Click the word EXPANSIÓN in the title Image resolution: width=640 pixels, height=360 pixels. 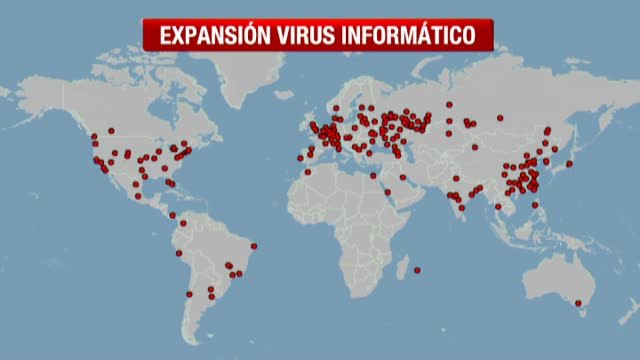(210, 36)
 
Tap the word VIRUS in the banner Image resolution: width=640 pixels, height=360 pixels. (313, 36)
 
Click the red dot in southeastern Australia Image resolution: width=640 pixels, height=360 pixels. (578, 302)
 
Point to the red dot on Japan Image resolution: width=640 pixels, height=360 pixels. (569, 163)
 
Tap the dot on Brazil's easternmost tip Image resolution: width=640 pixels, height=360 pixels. (254, 245)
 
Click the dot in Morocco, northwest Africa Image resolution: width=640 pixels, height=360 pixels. (307, 172)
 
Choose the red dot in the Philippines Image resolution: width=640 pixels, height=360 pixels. (537, 205)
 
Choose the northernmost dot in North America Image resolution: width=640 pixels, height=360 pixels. (111, 131)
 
